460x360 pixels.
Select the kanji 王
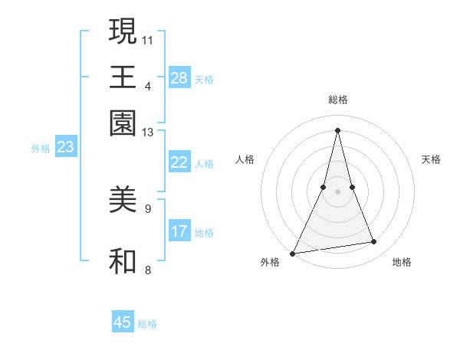[x=123, y=77]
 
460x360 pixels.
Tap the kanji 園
[x=123, y=123]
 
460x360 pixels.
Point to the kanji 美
[x=123, y=201]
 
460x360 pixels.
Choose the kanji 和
[x=123, y=261]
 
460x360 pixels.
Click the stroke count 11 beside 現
[x=149, y=39]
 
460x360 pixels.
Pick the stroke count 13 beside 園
[x=149, y=133]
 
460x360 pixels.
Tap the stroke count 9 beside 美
[x=148, y=208]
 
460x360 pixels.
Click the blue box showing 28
[x=179, y=77]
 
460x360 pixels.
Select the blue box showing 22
[x=179, y=162]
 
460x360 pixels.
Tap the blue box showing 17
[x=179, y=231]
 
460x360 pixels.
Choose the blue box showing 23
[x=65, y=147]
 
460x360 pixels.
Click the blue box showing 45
[x=123, y=322]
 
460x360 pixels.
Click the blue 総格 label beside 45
[x=147, y=324]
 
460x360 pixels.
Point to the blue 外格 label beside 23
[x=41, y=149]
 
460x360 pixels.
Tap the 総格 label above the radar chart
[x=337, y=100]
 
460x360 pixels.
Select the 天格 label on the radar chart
[x=431, y=159]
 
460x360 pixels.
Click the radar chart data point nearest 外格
[x=293, y=253]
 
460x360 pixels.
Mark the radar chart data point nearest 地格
[x=374, y=242]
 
